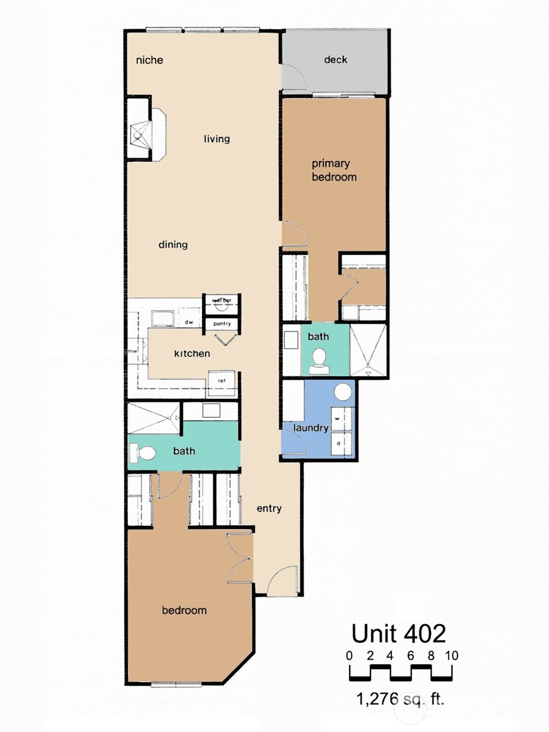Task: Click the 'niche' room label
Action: [149, 60]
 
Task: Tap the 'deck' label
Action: [335, 59]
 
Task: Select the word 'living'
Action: [217, 139]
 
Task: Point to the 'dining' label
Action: [173, 245]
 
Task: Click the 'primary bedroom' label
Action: [333, 170]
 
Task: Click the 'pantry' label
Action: [222, 324]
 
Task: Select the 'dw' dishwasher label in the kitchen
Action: [189, 322]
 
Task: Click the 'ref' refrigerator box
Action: [222, 382]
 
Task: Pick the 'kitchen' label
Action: [192, 353]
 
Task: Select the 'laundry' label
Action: [311, 428]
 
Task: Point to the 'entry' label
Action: [269, 508]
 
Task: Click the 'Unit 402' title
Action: [399, 633]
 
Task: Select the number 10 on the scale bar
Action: [451, 656]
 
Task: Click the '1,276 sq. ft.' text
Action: [400, 699]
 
